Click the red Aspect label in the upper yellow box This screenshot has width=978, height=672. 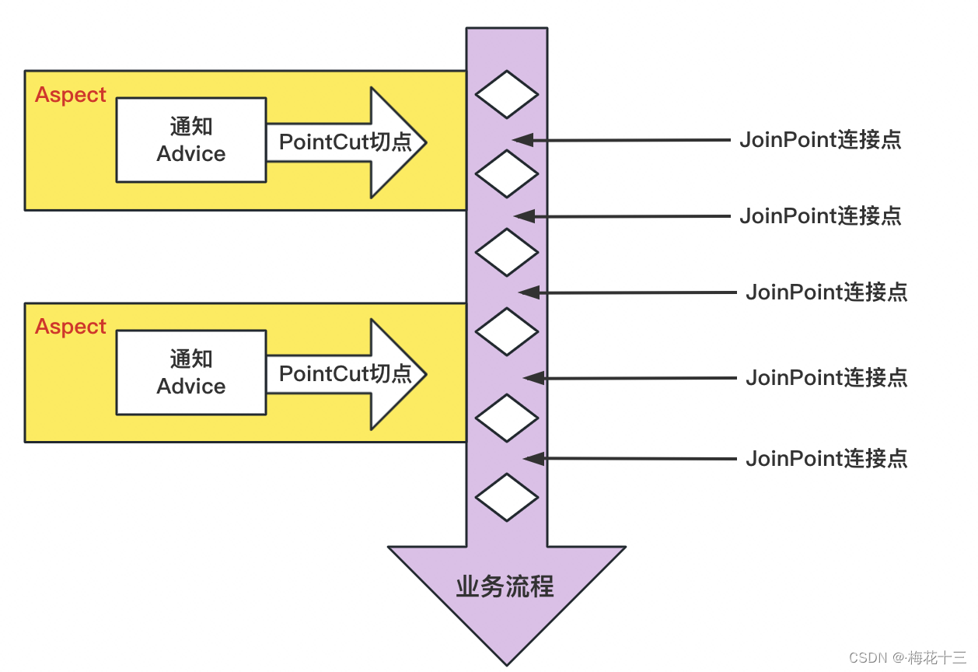click(x=71, y=95)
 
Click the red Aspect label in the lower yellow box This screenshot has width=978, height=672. click(x=71, y=327)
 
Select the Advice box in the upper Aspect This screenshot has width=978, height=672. click(x=191, y=140)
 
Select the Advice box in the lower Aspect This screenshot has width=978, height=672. click(x=191, y=373)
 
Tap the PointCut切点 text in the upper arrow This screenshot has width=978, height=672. click(x=345, y=142)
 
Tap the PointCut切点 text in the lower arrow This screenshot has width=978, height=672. click(x=345, y=373)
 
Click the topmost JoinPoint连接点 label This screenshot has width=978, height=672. click(x=820, y=140)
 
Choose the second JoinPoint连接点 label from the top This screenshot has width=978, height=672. click(x=820, y=215)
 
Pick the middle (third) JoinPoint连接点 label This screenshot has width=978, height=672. click(x=826, y=292)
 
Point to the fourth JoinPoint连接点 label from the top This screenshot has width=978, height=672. click(x=826, y=378)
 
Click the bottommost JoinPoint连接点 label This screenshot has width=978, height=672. click(x=826, y=459)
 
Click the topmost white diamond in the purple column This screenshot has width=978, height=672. click(x=507, y=94)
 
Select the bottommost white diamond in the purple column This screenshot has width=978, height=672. click(x=507, y=497)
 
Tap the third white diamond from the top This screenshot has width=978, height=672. click(x=507, y=252)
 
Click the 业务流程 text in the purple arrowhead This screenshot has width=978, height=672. click(x=505, y=586)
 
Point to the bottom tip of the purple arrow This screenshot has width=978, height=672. click(x=507, y=663)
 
